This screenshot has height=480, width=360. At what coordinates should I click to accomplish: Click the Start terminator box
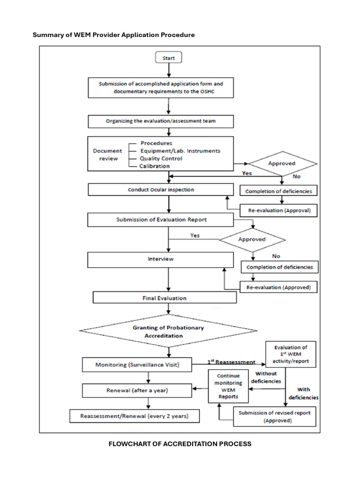tap(168, 58)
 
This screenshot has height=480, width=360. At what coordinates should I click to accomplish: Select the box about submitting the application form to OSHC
tap(161, 88)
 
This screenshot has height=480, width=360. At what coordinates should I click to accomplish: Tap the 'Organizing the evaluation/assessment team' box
tap(161, 121)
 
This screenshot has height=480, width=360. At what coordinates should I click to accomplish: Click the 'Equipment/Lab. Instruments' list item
tap(180, 151)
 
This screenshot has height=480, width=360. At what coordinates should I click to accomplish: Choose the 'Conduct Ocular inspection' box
tap(161, 190)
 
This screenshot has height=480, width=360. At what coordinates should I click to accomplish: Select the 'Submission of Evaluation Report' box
tap(161, 219)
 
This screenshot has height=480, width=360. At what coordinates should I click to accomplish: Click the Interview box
tap(161, 259)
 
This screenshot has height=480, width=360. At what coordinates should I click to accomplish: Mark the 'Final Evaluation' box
tap(164, 298)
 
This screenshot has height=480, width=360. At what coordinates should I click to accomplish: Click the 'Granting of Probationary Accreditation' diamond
tap(168, 332)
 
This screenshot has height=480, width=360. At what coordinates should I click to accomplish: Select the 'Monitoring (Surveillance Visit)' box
tap(137, 364)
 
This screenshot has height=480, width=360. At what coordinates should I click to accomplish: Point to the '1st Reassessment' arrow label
tap(231, 362)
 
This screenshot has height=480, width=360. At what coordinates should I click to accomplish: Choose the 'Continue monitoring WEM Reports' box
tap(228, 386)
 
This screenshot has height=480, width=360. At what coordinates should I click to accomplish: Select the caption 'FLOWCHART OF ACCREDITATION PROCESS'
tap(180, 444)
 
